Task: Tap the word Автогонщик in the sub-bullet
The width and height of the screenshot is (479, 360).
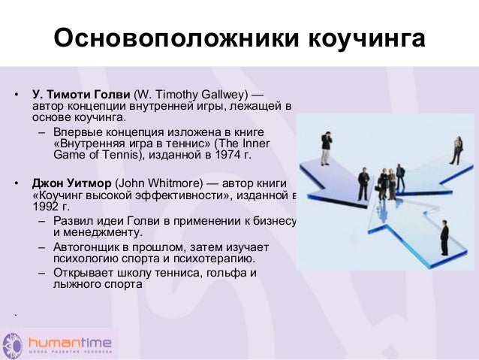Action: [x=89, y=247]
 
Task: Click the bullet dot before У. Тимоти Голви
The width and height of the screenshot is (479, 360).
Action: [x=15, y=96]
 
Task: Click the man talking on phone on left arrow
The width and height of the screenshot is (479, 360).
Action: [x=326, y=148]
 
